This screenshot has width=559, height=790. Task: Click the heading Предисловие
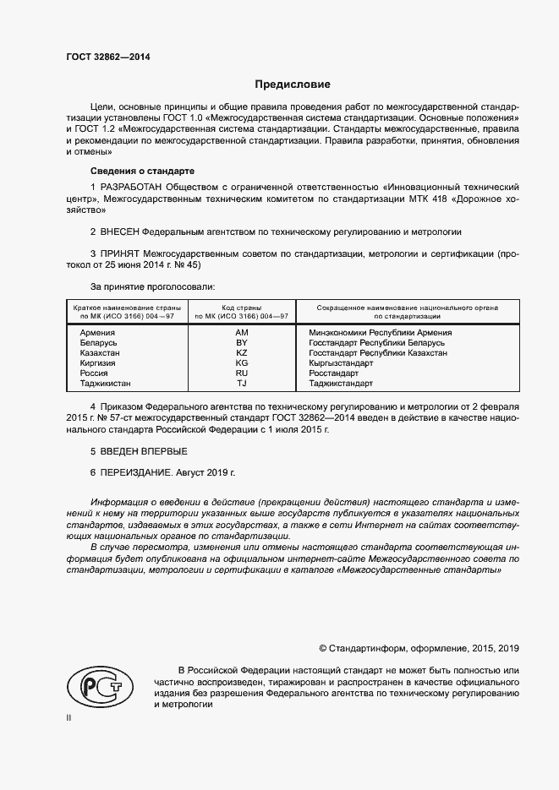pos(293,84)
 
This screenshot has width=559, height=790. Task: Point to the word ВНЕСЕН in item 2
pos(119,231)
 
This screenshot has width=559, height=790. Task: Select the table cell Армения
pos(97,333)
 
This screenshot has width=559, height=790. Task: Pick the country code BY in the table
pos(241,343)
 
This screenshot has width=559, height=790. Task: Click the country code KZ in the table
pos(241,353)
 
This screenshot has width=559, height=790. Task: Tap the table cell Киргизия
pos(97,363)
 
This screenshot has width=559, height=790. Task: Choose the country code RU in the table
pos(241,373)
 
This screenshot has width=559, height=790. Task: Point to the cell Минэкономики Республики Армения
pos(381,333)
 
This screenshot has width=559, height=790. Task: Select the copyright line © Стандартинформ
pos(419,648)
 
